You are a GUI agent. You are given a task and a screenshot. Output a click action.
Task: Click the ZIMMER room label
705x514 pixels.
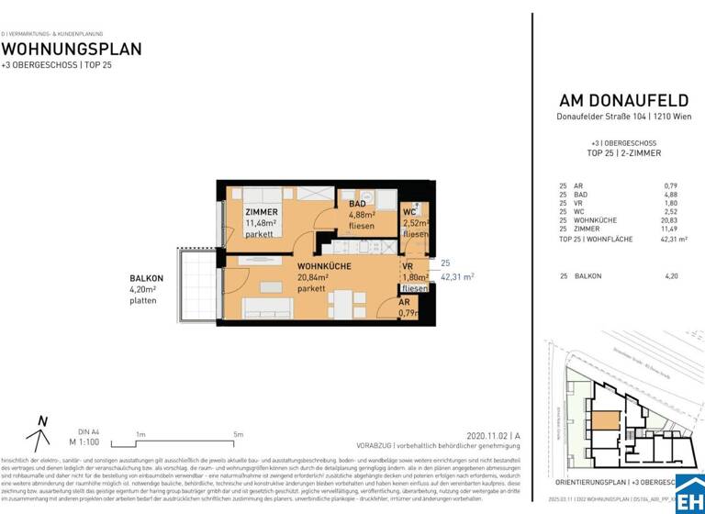tap(261, 212)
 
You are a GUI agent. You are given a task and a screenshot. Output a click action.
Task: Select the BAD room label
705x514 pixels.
tap(359, 204)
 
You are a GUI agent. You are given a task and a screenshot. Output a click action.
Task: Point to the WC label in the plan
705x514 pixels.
tap(410, 213)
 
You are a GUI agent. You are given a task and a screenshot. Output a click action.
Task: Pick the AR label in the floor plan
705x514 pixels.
tap(404, 302)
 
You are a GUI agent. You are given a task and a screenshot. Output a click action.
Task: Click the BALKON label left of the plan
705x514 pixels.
tap(147, 278)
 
